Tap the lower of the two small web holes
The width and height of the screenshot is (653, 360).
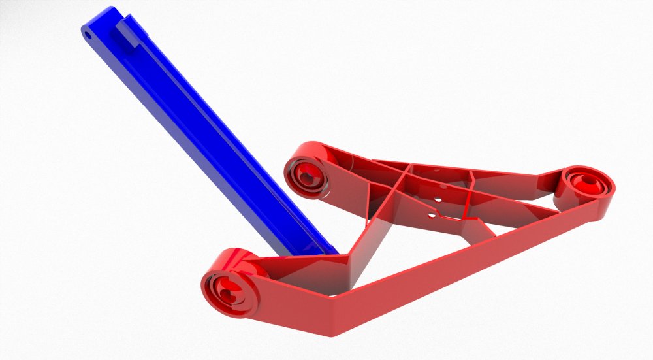(x=430, y=213)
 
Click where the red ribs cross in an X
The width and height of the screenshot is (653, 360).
(x=408, y=172)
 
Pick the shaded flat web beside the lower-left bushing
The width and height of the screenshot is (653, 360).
(x=307, y=274)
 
